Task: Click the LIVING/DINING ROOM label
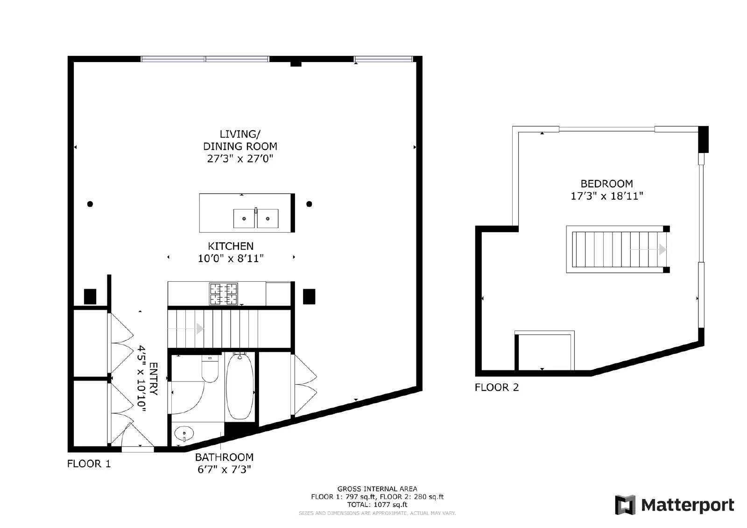tap(240, 140)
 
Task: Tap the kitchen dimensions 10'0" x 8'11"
tap(231, 258)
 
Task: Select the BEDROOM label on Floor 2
tap(606, 184)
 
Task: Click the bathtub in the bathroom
tap(240, 386)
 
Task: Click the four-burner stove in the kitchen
tap(223, 294)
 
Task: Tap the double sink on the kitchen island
tap(256, 218)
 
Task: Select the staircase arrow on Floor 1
tap(200, 329)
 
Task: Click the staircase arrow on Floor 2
tap(662, 250)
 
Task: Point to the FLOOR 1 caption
tap(89, 464)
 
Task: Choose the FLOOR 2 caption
tap(497, 387)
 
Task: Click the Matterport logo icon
tap(625, 505)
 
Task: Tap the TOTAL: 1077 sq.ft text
tap(377, 504)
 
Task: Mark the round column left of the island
tap(90, 204)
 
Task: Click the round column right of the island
tap(309, 204)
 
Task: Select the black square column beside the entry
tap(90, 297)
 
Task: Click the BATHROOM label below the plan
tap(224, 457)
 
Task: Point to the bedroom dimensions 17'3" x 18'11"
tap(606, 196)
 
